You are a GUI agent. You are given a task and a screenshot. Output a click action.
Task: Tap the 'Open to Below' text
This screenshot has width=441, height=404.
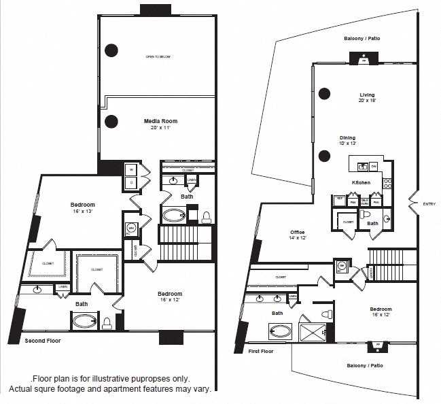158,57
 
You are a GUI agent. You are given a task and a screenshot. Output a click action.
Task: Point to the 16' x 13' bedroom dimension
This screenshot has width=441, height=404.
82,212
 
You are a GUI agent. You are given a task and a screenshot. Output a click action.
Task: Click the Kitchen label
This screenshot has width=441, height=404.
361,182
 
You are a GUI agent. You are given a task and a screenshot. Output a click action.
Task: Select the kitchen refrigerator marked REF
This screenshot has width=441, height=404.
338,199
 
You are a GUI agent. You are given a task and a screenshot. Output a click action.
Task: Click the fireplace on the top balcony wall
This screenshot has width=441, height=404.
364,61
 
